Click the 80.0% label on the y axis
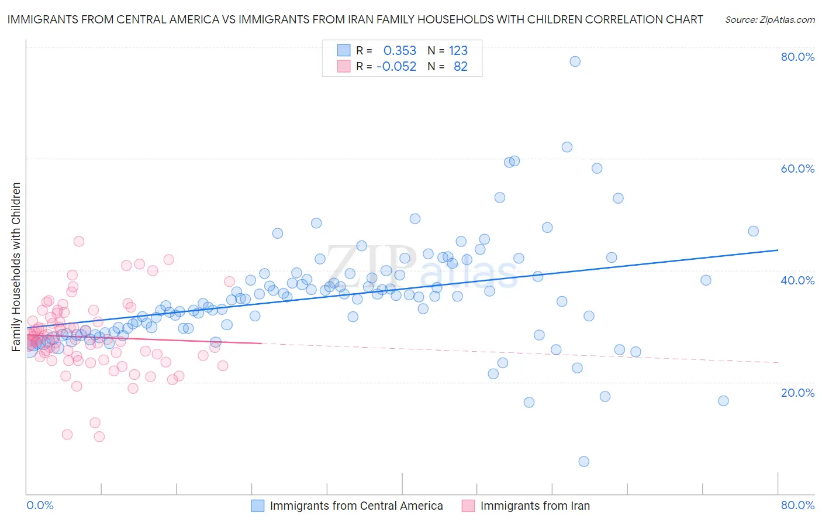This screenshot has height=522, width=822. pyautogui.click(x=797, y=57)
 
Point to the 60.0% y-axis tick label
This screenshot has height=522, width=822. pyautogui.click(x=797, y=169)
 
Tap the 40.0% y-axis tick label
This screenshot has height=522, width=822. pyautogui.click(x=797, y=280)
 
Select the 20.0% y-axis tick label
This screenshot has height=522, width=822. pyautogui.click(x=797, y=392)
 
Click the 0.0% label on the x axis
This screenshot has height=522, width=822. pyautogui.click(x=40, y=505)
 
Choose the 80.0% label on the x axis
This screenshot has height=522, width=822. pyautogui.click(x=797, y=505)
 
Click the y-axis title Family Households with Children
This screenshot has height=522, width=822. pyautogui.click(x=16, y=267)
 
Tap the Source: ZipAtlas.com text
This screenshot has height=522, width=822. pyautogui.click(x=769, y=19)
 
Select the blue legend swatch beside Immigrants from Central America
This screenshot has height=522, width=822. pyautogui.click(x=258, y=506)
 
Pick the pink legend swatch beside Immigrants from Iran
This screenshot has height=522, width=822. pyautogui.click(x=468, y=506)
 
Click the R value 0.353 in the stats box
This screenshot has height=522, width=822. pyautogui.click(x=400, y=50)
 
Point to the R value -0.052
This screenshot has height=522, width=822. pyautogui.click(x=396, y=66)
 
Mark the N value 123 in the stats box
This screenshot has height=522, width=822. pyautogui.click(x=458, y=50)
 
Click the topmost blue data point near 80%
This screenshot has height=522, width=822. pyautogui.click(x=575, y=61)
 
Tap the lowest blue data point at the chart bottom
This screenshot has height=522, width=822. pyautogui.click(x=583, y=462)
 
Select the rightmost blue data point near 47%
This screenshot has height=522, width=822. pyautogui.click(x=753, y=231)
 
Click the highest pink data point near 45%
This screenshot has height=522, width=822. pyautogui.click(x=79, y=241)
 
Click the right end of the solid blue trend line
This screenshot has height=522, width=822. pyautogui.click(x=778, y=250)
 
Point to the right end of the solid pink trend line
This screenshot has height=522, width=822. pyautogui.click(x=261, y=344)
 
